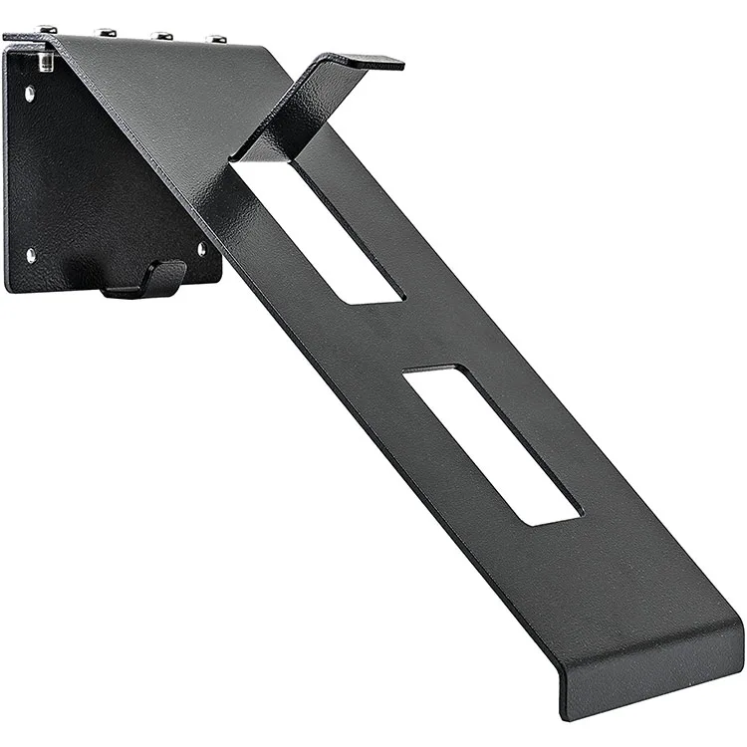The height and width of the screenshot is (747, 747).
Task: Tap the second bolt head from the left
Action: pos(106,33)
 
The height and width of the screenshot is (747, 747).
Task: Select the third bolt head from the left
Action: pos(161,36)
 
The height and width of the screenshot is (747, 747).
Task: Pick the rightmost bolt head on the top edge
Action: pos(215,39)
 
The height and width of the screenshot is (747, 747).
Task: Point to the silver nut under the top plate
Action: pos(46,63)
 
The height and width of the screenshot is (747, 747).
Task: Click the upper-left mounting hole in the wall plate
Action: pos(30,95)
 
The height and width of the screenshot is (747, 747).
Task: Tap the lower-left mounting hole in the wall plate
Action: pos(31,255)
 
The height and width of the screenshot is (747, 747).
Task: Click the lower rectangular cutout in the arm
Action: pos(493,443)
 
